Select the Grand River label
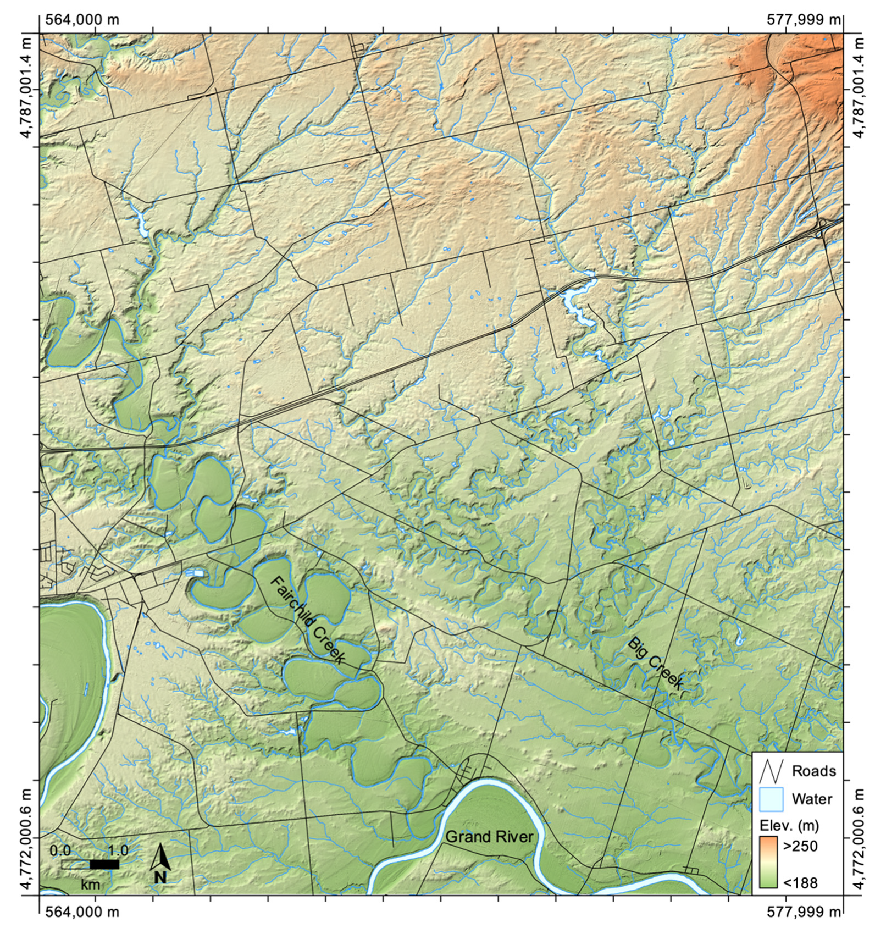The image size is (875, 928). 489,837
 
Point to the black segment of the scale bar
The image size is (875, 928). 104,865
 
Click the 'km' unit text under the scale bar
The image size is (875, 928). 91,883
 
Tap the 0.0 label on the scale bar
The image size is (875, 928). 60,850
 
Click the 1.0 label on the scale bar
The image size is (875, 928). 118,850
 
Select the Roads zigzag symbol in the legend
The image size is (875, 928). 771,771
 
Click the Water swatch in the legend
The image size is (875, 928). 771,799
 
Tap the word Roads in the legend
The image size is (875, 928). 813,771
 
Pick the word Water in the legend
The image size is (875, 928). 812,799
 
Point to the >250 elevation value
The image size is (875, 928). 800,846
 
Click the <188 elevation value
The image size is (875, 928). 800,883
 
